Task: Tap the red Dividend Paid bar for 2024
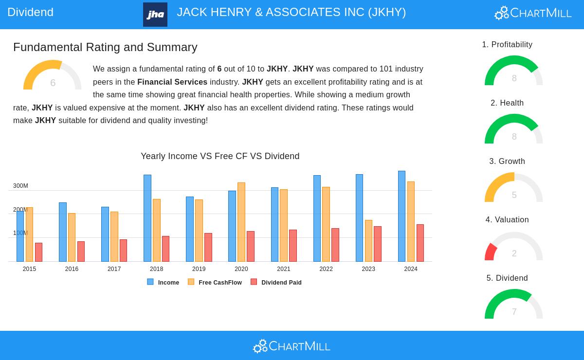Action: (420, 243)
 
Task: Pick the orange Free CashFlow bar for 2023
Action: (368, 241)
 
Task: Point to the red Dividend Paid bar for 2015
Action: (38, 252)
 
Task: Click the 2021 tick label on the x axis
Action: (284, 269)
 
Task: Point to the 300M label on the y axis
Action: (20, 186)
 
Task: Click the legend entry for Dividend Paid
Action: (281, 283)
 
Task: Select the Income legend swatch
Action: (150, 282)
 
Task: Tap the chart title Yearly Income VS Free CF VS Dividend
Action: (220, 156)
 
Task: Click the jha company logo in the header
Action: (155, 15)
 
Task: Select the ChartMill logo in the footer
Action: (292, 346)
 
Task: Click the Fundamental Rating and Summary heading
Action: (105, 47)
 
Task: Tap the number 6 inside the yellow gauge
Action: (53, 83)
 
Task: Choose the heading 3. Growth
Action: (507, 162)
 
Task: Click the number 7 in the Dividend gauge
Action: (514, 312)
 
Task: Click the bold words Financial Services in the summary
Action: (172, 82)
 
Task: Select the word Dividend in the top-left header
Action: (31, 12)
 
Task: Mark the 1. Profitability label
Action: (507, 45)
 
